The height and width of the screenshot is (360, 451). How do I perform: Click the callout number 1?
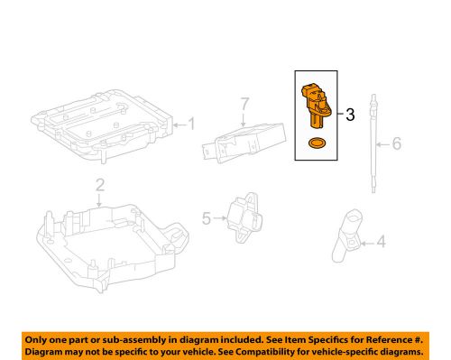pos(190,124)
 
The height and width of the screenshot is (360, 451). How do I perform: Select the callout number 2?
pos(99,187)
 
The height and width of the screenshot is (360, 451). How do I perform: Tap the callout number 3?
pos(351,114)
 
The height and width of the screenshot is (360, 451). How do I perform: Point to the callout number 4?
pos(380,241)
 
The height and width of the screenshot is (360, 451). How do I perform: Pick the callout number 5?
pos(206,217)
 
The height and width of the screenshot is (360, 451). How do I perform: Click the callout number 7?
pos(243,107)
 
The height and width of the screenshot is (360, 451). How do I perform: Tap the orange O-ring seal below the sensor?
pos(317,144)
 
